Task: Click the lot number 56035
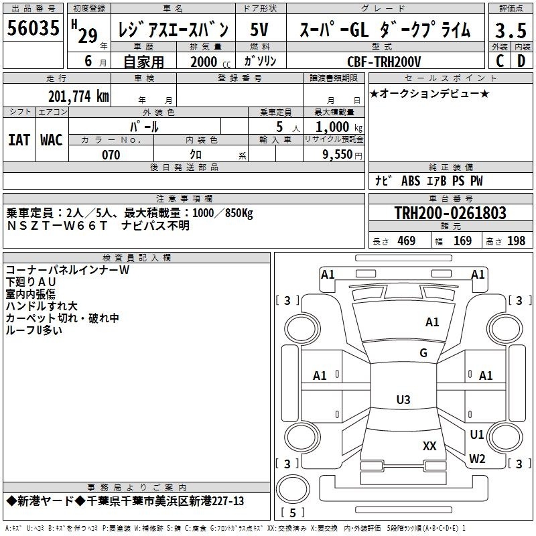tap(33, 27)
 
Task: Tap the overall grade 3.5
tap(511, 30)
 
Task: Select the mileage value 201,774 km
tap(78, 96)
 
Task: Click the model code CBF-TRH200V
tap(384, 62)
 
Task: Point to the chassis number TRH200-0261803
tap(450, 212)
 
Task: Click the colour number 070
tap(111, 155)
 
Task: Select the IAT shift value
tap(19, 140)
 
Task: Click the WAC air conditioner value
tap(52, 140)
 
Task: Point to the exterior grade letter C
tap(500, 61)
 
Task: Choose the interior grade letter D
tap(521, 61)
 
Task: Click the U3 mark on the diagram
tap(403, 399)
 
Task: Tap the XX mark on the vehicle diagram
tap(429, 446)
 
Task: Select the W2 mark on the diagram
tap(477, 459)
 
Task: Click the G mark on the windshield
tap(423, 353)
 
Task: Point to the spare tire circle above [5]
tap(293, 488)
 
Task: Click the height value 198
tap(516, 241)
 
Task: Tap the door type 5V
tap(259, 29)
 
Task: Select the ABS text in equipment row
tap(411, 180)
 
